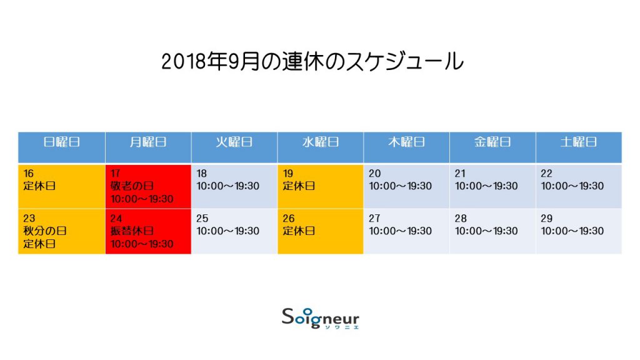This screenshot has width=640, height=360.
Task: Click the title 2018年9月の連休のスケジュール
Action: pyautogui.click(x=312, y=62)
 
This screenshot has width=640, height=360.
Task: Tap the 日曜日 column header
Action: pyautogui.click(x=62, y=142)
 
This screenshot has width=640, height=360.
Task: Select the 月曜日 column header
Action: pyautogui.click(x=147, y=142)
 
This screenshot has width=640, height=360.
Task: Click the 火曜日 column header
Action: pyautogui.click(x=234, y=142)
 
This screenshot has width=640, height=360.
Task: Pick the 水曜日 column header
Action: pyautogui.click(x=321, y=142)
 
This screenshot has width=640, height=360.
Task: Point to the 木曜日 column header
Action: pyautogui.click(x=406, y=142)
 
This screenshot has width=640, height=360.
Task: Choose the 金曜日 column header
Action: pyautogui.click(x=492, y=142)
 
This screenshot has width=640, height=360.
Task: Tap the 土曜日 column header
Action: pyautogui.click(x=579, y=142)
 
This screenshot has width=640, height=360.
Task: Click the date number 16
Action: pyautogui.click(x=29, y=174)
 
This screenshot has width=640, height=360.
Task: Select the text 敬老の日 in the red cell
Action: pyautogui.click(x=132, y=186)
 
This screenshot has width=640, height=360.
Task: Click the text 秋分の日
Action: pyautogui.click(x=45, y=231)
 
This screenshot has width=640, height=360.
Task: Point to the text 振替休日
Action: pyautogui.click(x=132, y=231)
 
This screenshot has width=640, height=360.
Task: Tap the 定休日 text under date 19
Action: pyautogui.click(x=299, y=186)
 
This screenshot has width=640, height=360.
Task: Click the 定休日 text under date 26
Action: pyautogui.click(x=299, y=231)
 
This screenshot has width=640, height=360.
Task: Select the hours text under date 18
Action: pyautogui.click(x=227, y=186)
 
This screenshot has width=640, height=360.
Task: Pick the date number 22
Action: pyautogui.click(x=546, y=174)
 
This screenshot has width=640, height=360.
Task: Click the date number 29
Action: pyautogui.click(x=546, y=218)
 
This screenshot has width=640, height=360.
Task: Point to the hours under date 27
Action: pyautogui.click(x=401, y=231)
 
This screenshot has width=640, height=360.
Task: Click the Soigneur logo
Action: pyautogui.click(x=321, y=318)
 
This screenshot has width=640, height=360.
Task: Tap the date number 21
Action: pyautogui.click(x=460, y=174)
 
